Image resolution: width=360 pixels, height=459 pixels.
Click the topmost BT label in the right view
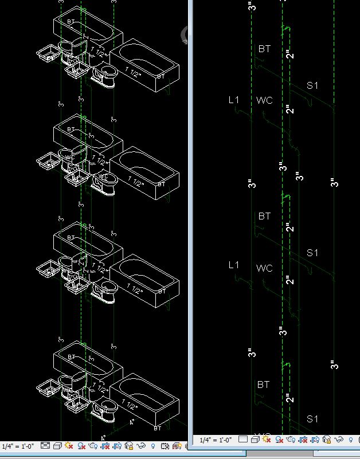[264, 49]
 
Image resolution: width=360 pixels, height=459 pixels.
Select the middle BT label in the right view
[264, 217]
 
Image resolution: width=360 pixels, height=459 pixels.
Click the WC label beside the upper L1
[264, 101]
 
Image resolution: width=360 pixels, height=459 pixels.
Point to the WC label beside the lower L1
[264, 268]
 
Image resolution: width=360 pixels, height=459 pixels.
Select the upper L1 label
[234, 100]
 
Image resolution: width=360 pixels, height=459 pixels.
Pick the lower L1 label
[233, 265]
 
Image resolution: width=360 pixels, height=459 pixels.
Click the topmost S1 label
[312, 86]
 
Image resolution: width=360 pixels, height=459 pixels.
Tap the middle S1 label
[312, 253]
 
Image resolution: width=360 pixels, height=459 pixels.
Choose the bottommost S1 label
[312, 419]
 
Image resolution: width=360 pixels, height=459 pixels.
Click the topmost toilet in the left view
[107, 76]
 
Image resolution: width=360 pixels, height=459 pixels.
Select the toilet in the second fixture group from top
[107, 183]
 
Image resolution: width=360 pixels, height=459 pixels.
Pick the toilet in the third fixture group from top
[107, 292]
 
